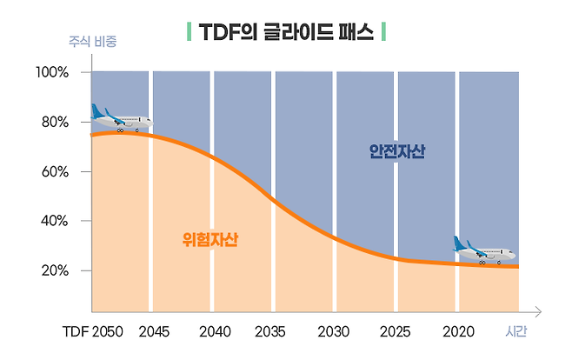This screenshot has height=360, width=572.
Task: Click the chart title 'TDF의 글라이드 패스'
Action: [286, 33]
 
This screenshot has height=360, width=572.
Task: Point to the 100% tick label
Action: [52, 72]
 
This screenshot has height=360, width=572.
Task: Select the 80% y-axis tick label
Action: [55, 122]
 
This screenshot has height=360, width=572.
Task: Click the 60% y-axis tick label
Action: [55, 171]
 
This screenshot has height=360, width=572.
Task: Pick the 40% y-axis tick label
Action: [55, 221]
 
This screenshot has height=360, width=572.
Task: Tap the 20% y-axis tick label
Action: [55, 270]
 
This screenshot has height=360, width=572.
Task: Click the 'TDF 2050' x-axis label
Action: [93, 332]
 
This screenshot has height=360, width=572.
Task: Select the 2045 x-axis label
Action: [154, 332]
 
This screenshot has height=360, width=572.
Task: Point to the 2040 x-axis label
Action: [215, 332]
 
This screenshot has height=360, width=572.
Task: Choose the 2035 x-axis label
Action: [270, 332]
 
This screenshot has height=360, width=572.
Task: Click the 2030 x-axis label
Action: [334, 332]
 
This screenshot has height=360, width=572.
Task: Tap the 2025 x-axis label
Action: [396, 332]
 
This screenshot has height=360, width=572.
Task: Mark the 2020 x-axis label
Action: [458, 332]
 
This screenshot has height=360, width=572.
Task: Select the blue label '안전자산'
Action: [397, 151]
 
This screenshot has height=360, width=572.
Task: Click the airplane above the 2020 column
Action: [483, 250]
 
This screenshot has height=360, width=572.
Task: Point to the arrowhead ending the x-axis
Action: [539, 310]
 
